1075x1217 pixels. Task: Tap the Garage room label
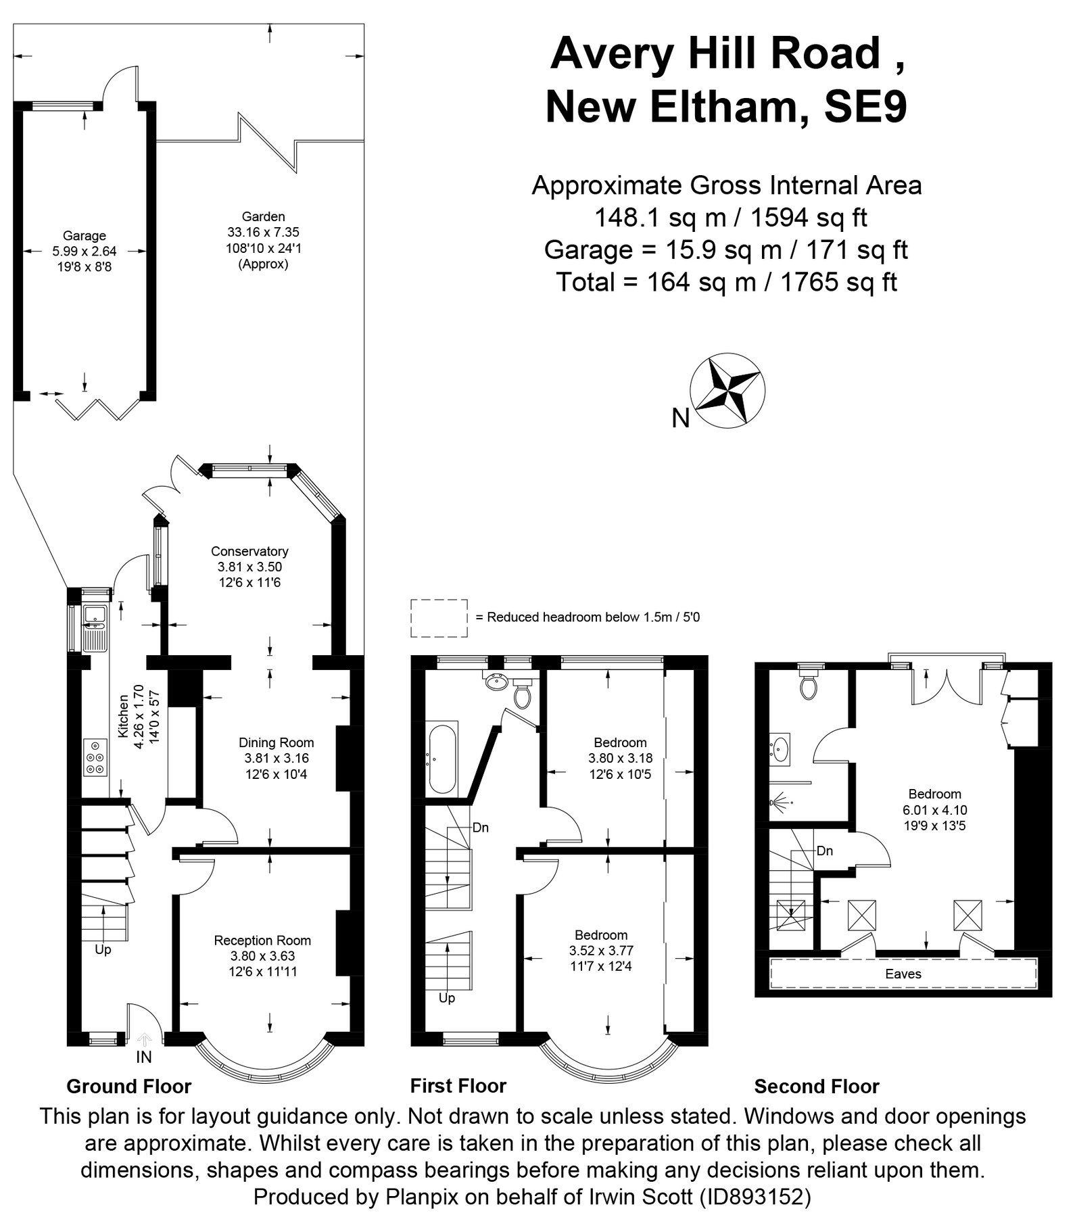pos(85,235)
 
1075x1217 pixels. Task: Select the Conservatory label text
pos(249,551)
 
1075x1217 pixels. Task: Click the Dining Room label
pos(276,742)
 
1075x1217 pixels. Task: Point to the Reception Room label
pos(262,940)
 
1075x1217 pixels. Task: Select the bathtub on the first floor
pos(442,759)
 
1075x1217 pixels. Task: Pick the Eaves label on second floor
pos(903,974)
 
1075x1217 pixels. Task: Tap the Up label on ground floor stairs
pos(103,949)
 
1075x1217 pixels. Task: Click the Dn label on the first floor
pos(480,828)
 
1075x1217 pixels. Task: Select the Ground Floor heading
pos(128,1087)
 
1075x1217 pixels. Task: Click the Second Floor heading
pos(816,1087)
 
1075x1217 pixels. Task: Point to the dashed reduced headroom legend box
pos(439,617)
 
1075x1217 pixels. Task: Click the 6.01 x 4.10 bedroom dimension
pos(934,809)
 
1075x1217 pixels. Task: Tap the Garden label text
pos(263,216)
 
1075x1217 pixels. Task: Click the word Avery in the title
pos(612,53)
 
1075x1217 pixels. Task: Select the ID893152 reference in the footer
pos(757,1197)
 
